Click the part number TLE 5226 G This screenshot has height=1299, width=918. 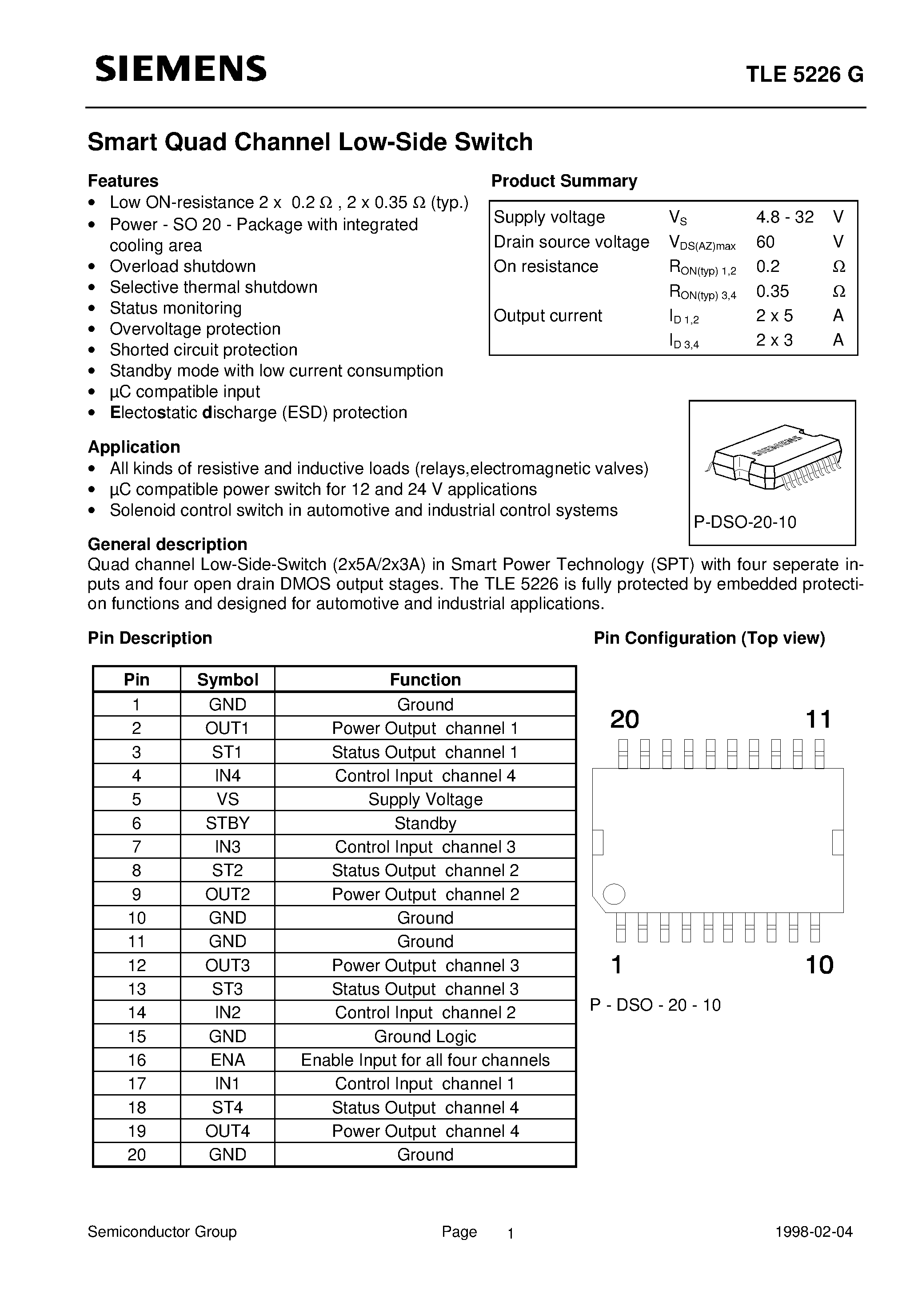click(x=804, y=74)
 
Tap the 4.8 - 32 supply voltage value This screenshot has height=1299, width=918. click(x=784, y=217)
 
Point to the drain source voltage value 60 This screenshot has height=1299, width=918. click(x=765, y=242)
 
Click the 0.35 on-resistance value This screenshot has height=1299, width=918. click(x=772, y=291)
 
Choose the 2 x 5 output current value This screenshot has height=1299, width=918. click(x=774, y=315)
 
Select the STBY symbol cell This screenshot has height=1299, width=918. click(x=228, y=823)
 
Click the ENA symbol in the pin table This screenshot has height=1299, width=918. click(x=228, y=1060)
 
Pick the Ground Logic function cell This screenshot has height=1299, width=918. click(x=425, y=1036)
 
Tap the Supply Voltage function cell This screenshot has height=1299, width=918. click(x=425, y=799)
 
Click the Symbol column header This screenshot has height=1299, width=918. click(x=228, y=679)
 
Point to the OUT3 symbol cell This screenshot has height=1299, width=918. click(x=228, y=965)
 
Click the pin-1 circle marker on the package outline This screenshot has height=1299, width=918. click(x=614, y=894)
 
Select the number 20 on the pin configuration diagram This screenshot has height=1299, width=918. click(x=624, y=720)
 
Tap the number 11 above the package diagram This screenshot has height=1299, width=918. click(x=818, y=720)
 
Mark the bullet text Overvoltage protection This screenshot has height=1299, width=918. click(x=195, y=329)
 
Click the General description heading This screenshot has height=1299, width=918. click(x=167, y=544)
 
